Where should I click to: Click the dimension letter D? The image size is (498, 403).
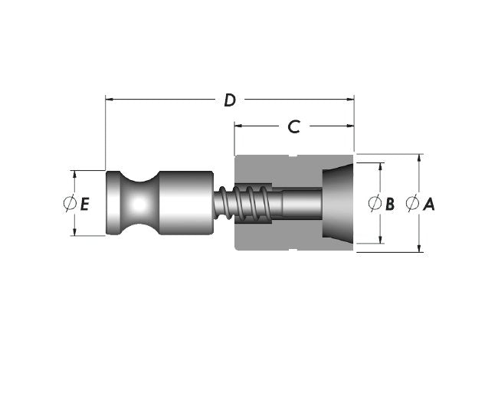229,100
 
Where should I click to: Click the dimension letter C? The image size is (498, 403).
293,126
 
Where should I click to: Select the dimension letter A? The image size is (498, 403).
429,204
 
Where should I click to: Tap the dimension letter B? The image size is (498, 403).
390,204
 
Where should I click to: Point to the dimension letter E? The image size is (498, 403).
85,204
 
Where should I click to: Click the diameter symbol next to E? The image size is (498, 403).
69,204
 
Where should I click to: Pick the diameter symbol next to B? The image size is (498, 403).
375,204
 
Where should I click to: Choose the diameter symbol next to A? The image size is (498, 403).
412,204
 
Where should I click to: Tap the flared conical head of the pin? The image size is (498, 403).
337,202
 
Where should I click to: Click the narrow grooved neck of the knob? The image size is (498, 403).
139,204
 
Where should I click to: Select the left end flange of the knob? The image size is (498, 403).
113,204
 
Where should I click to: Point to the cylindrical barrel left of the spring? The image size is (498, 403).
185,202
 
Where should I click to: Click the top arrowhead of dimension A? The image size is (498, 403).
419,159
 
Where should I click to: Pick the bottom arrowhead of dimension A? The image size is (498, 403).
419,247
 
